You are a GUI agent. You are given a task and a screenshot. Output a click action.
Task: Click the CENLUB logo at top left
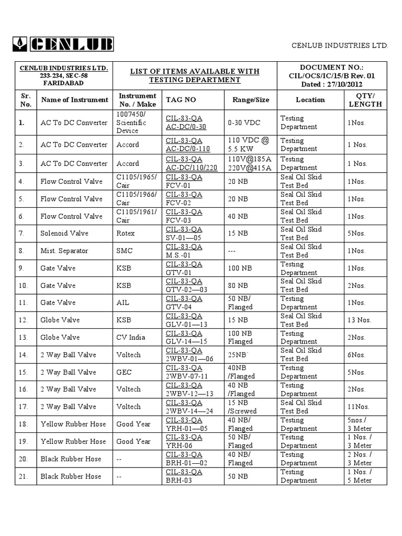coord(62,44)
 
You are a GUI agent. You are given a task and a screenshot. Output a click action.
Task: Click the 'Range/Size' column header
coord(248,99)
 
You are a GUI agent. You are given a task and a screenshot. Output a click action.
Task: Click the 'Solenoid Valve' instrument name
coord(64,233)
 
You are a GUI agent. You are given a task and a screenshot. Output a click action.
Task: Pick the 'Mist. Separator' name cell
coord(64,251)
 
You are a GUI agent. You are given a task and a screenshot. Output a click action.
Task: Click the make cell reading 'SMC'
coord(124,251)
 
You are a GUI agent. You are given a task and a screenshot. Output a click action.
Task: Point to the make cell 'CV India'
coord(131,338)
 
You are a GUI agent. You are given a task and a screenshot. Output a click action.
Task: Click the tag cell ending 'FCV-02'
coord(184,199)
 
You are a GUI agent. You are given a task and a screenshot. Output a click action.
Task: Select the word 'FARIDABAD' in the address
coord(64,83)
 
